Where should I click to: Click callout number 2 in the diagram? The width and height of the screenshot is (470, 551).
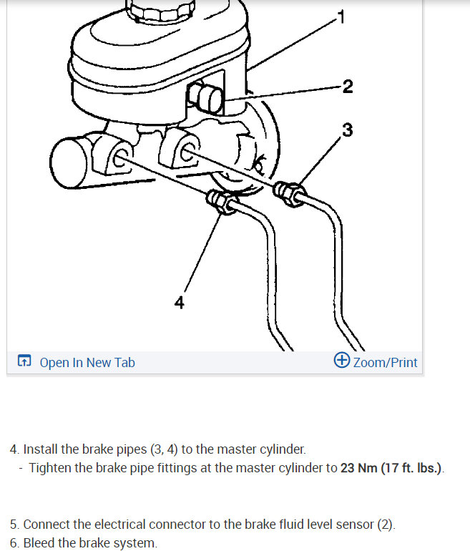[348, 87]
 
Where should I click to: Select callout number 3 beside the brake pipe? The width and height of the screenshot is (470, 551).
[347, 130]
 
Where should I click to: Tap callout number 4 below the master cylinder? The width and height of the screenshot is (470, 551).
[179, 303]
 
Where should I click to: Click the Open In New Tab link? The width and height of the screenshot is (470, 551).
[87, 363]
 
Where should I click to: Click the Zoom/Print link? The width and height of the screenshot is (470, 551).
[385, 363]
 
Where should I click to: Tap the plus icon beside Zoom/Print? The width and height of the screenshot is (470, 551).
[342, 361]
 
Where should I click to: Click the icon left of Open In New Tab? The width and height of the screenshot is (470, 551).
[25, 362]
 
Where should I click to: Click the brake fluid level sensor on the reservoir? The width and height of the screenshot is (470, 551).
[207, 97]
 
